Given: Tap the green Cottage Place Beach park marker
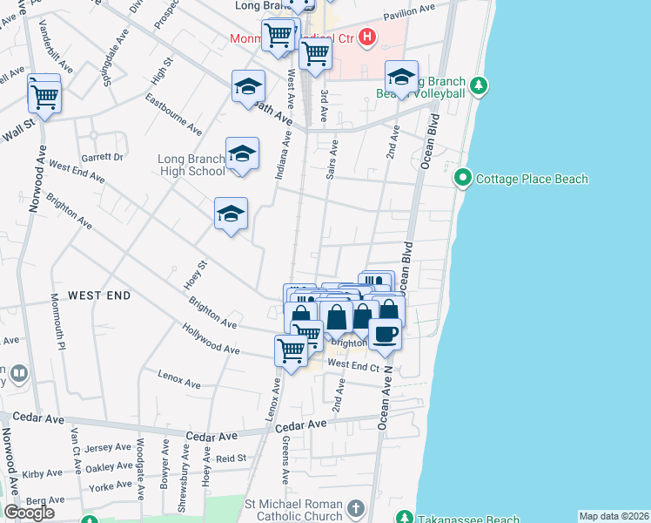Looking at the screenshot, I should tap(463, 180).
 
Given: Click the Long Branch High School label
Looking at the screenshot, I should tap(191, 165).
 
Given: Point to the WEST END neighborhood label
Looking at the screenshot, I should tap(99, 295).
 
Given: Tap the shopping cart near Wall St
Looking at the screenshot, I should tap(44, 99).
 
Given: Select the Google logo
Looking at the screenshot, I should tap(29, 513).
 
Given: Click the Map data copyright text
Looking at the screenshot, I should tap(614, 516).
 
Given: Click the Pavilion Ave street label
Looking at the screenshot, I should tap(408, 10).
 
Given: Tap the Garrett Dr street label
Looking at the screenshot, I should tap(103, 157).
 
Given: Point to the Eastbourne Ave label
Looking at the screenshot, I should tap(173, 119).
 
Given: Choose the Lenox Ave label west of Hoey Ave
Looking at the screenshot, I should tap(179, 379).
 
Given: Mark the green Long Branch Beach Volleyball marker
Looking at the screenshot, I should tap(478, 85).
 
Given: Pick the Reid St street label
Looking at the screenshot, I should tap(232, 458).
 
